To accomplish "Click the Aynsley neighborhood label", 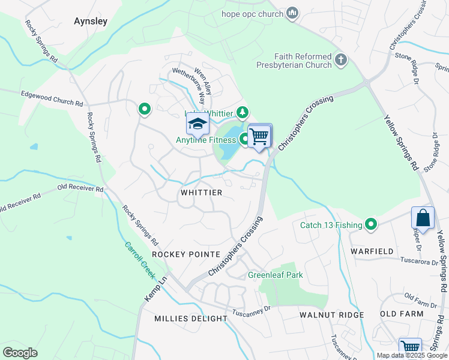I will click(90, 21).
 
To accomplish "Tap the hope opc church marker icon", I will click(292, 13).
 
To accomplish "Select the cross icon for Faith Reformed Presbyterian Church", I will click(341, 59).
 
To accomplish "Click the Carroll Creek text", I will click(140, 262).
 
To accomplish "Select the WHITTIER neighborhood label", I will click(201, 193).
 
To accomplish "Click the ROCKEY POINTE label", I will click(185, 254).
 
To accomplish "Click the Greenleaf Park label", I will click(276, 275).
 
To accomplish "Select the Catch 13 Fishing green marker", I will click(372, 225).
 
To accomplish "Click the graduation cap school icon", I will click(197, 124).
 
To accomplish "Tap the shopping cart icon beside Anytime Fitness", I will click(259, 136).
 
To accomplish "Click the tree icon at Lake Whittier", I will click(242, 112).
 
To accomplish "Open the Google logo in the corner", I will click(20, 353).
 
